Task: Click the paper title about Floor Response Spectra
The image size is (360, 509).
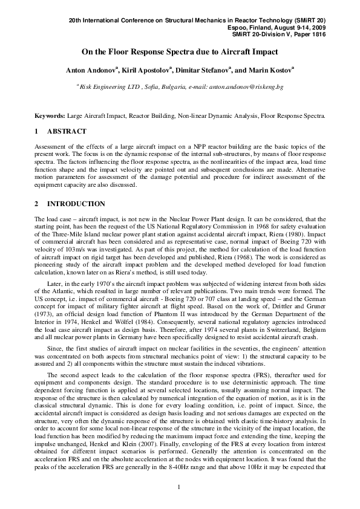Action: (180, 52)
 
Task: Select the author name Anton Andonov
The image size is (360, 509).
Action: (91, 71)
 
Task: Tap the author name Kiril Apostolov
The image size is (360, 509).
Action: (145, 71)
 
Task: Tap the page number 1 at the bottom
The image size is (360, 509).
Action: (180, 487)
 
